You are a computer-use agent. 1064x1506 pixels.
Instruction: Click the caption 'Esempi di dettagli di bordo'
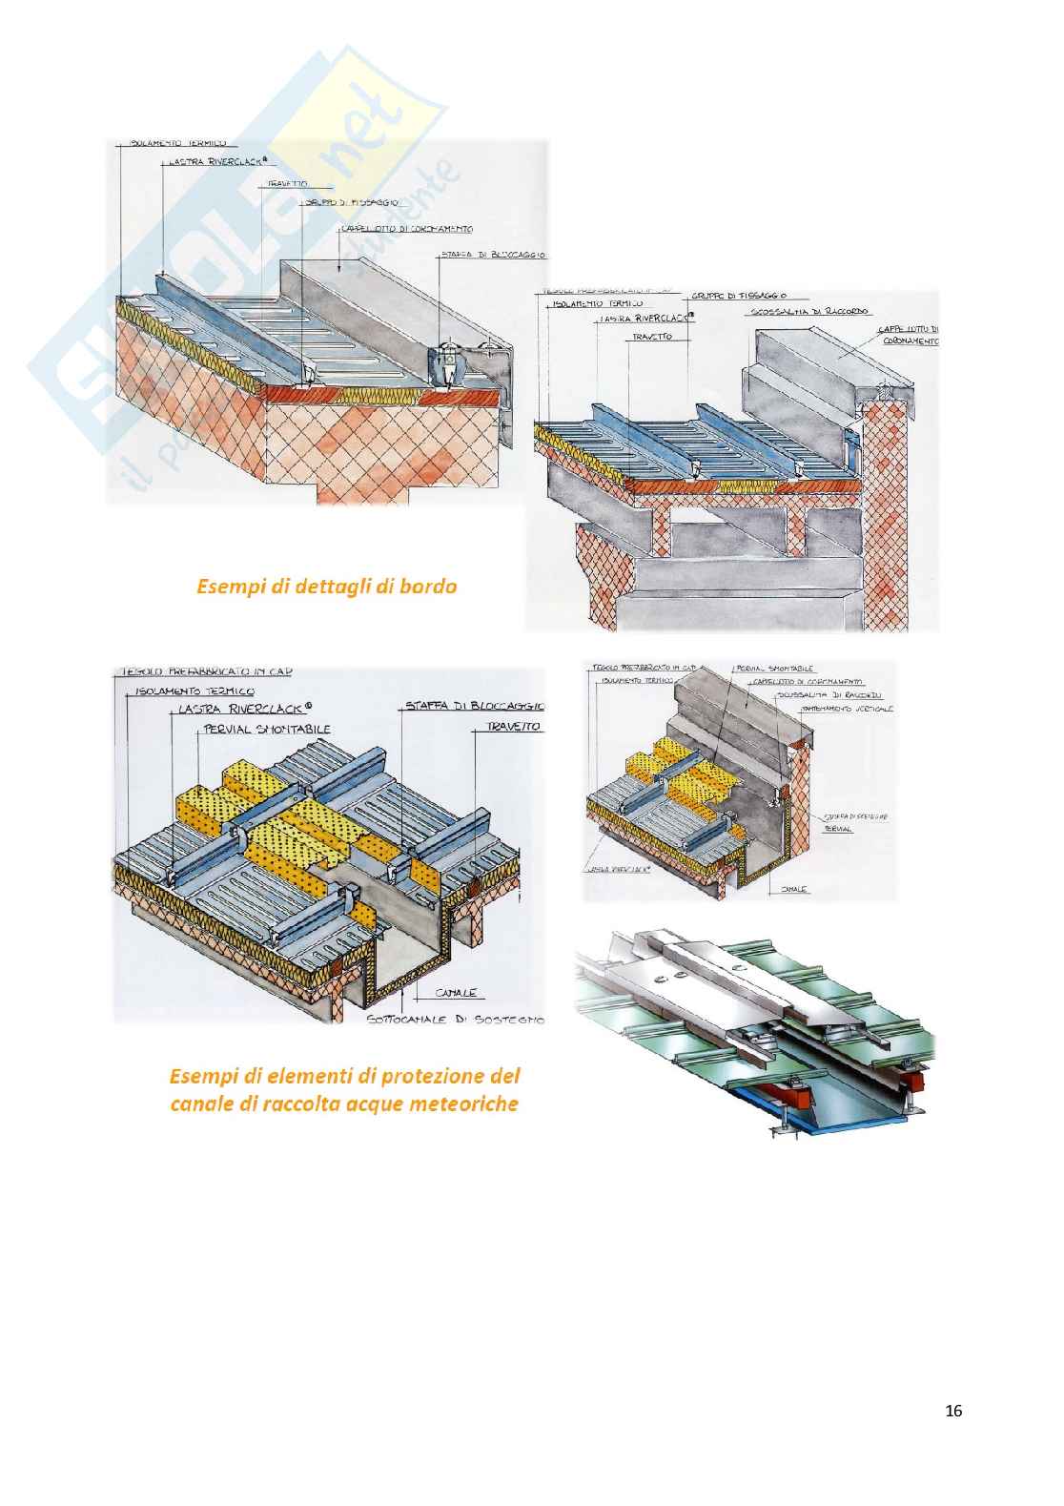pyautogui.click(x=326, y=587)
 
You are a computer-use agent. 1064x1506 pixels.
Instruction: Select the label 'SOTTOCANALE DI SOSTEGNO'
pyautogui.click(x=455, y=1021)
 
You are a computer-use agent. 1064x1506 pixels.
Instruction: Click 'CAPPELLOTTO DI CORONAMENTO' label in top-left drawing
pyautogui.click(x=408, y=230)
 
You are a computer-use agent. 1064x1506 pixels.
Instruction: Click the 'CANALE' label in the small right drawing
pyautogui.click(x=794, y=889)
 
